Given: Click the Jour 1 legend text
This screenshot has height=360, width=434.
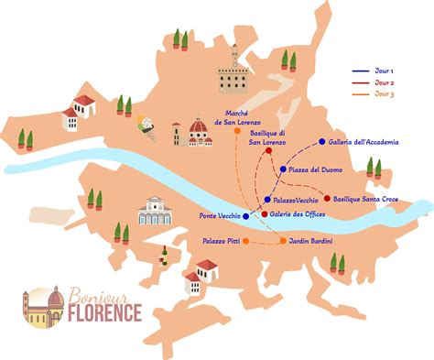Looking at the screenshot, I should coord(387,70).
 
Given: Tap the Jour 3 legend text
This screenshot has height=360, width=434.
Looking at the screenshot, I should coord(387,93).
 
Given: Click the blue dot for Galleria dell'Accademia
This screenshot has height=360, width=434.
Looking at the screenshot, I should coord(320,142).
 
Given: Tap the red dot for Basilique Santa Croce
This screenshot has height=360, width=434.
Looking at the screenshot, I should coord(327,198).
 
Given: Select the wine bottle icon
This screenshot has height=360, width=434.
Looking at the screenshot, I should coord(164,250).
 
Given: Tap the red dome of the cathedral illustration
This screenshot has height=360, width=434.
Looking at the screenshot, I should coord(199,125).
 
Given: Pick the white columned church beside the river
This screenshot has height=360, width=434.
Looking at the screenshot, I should coord(154,211).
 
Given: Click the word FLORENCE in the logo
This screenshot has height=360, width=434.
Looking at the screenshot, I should coord(107,313).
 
